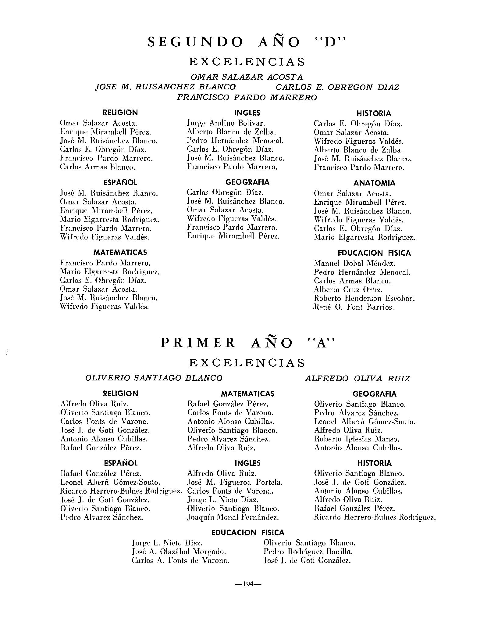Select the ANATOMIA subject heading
point(374,183)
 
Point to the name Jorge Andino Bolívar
point(226,123)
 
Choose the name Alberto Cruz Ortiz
point(348,289)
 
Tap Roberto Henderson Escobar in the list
point(364,298)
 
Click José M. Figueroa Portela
point(235,482)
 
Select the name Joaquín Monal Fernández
point(233,517)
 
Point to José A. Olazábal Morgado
point(179,552)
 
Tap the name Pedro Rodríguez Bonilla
point(308,552)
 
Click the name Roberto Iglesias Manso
point(357,439)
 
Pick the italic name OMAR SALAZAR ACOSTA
point(247,77)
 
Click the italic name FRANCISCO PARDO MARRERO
point(247,98)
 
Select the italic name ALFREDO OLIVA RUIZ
point(357,379)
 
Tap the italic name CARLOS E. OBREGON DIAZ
point(337,87)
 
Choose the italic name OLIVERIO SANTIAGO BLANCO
point(154,378)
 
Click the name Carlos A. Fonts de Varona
point(180,560)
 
